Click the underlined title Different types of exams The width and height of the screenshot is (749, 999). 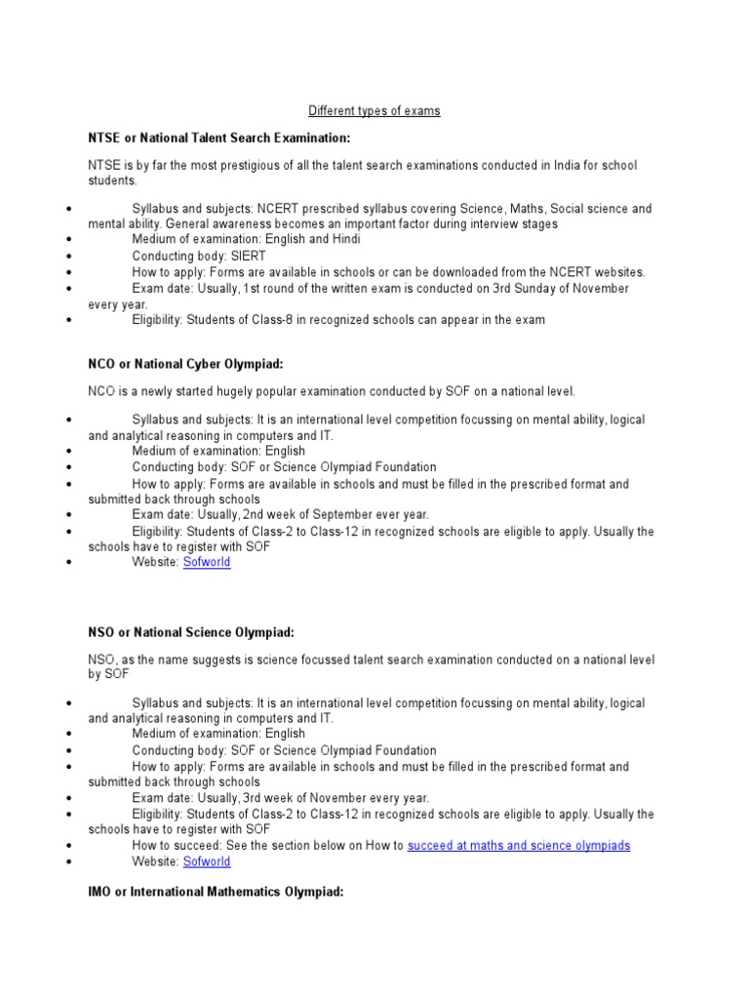pos(374,111)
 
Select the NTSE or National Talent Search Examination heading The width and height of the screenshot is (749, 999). pos(218,138)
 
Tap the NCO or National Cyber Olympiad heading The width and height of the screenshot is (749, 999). pos(185,364)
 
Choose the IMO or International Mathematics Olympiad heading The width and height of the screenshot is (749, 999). pos(216,892)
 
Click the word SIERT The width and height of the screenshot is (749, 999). pos(247,256)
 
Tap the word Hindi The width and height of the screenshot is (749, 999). pos(316,240)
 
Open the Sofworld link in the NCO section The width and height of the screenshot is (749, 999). pos(207,563)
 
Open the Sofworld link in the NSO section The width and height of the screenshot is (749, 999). pos(207,861)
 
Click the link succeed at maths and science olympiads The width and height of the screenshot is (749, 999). pos(519,845)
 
